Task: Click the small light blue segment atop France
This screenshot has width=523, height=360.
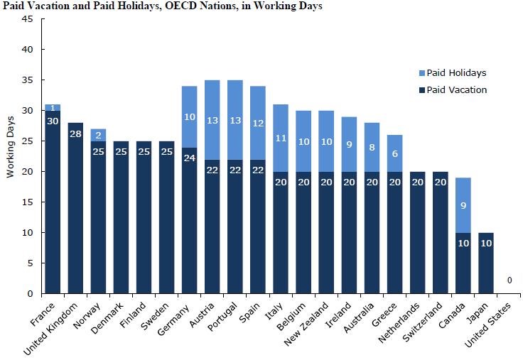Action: pyautogui.click(x=53, y=107)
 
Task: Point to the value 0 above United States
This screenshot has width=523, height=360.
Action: pyautogui.click(x=510, y=280)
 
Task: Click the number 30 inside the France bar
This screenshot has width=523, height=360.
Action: pyautogui.click(x=53, y=120)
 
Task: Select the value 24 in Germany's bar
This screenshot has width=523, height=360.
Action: pyautogui.click(x=190, y=158)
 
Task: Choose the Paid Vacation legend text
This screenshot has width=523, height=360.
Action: pyautogui.click(x=457, y=90)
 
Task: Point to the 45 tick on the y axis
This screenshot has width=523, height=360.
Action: pyautogui.click(x=28, y=19)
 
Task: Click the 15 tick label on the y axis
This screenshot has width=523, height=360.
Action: pyautogui.click(x=28, y=202)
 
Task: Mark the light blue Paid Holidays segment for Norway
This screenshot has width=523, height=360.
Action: pyautogui.click(x=99, y=134)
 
